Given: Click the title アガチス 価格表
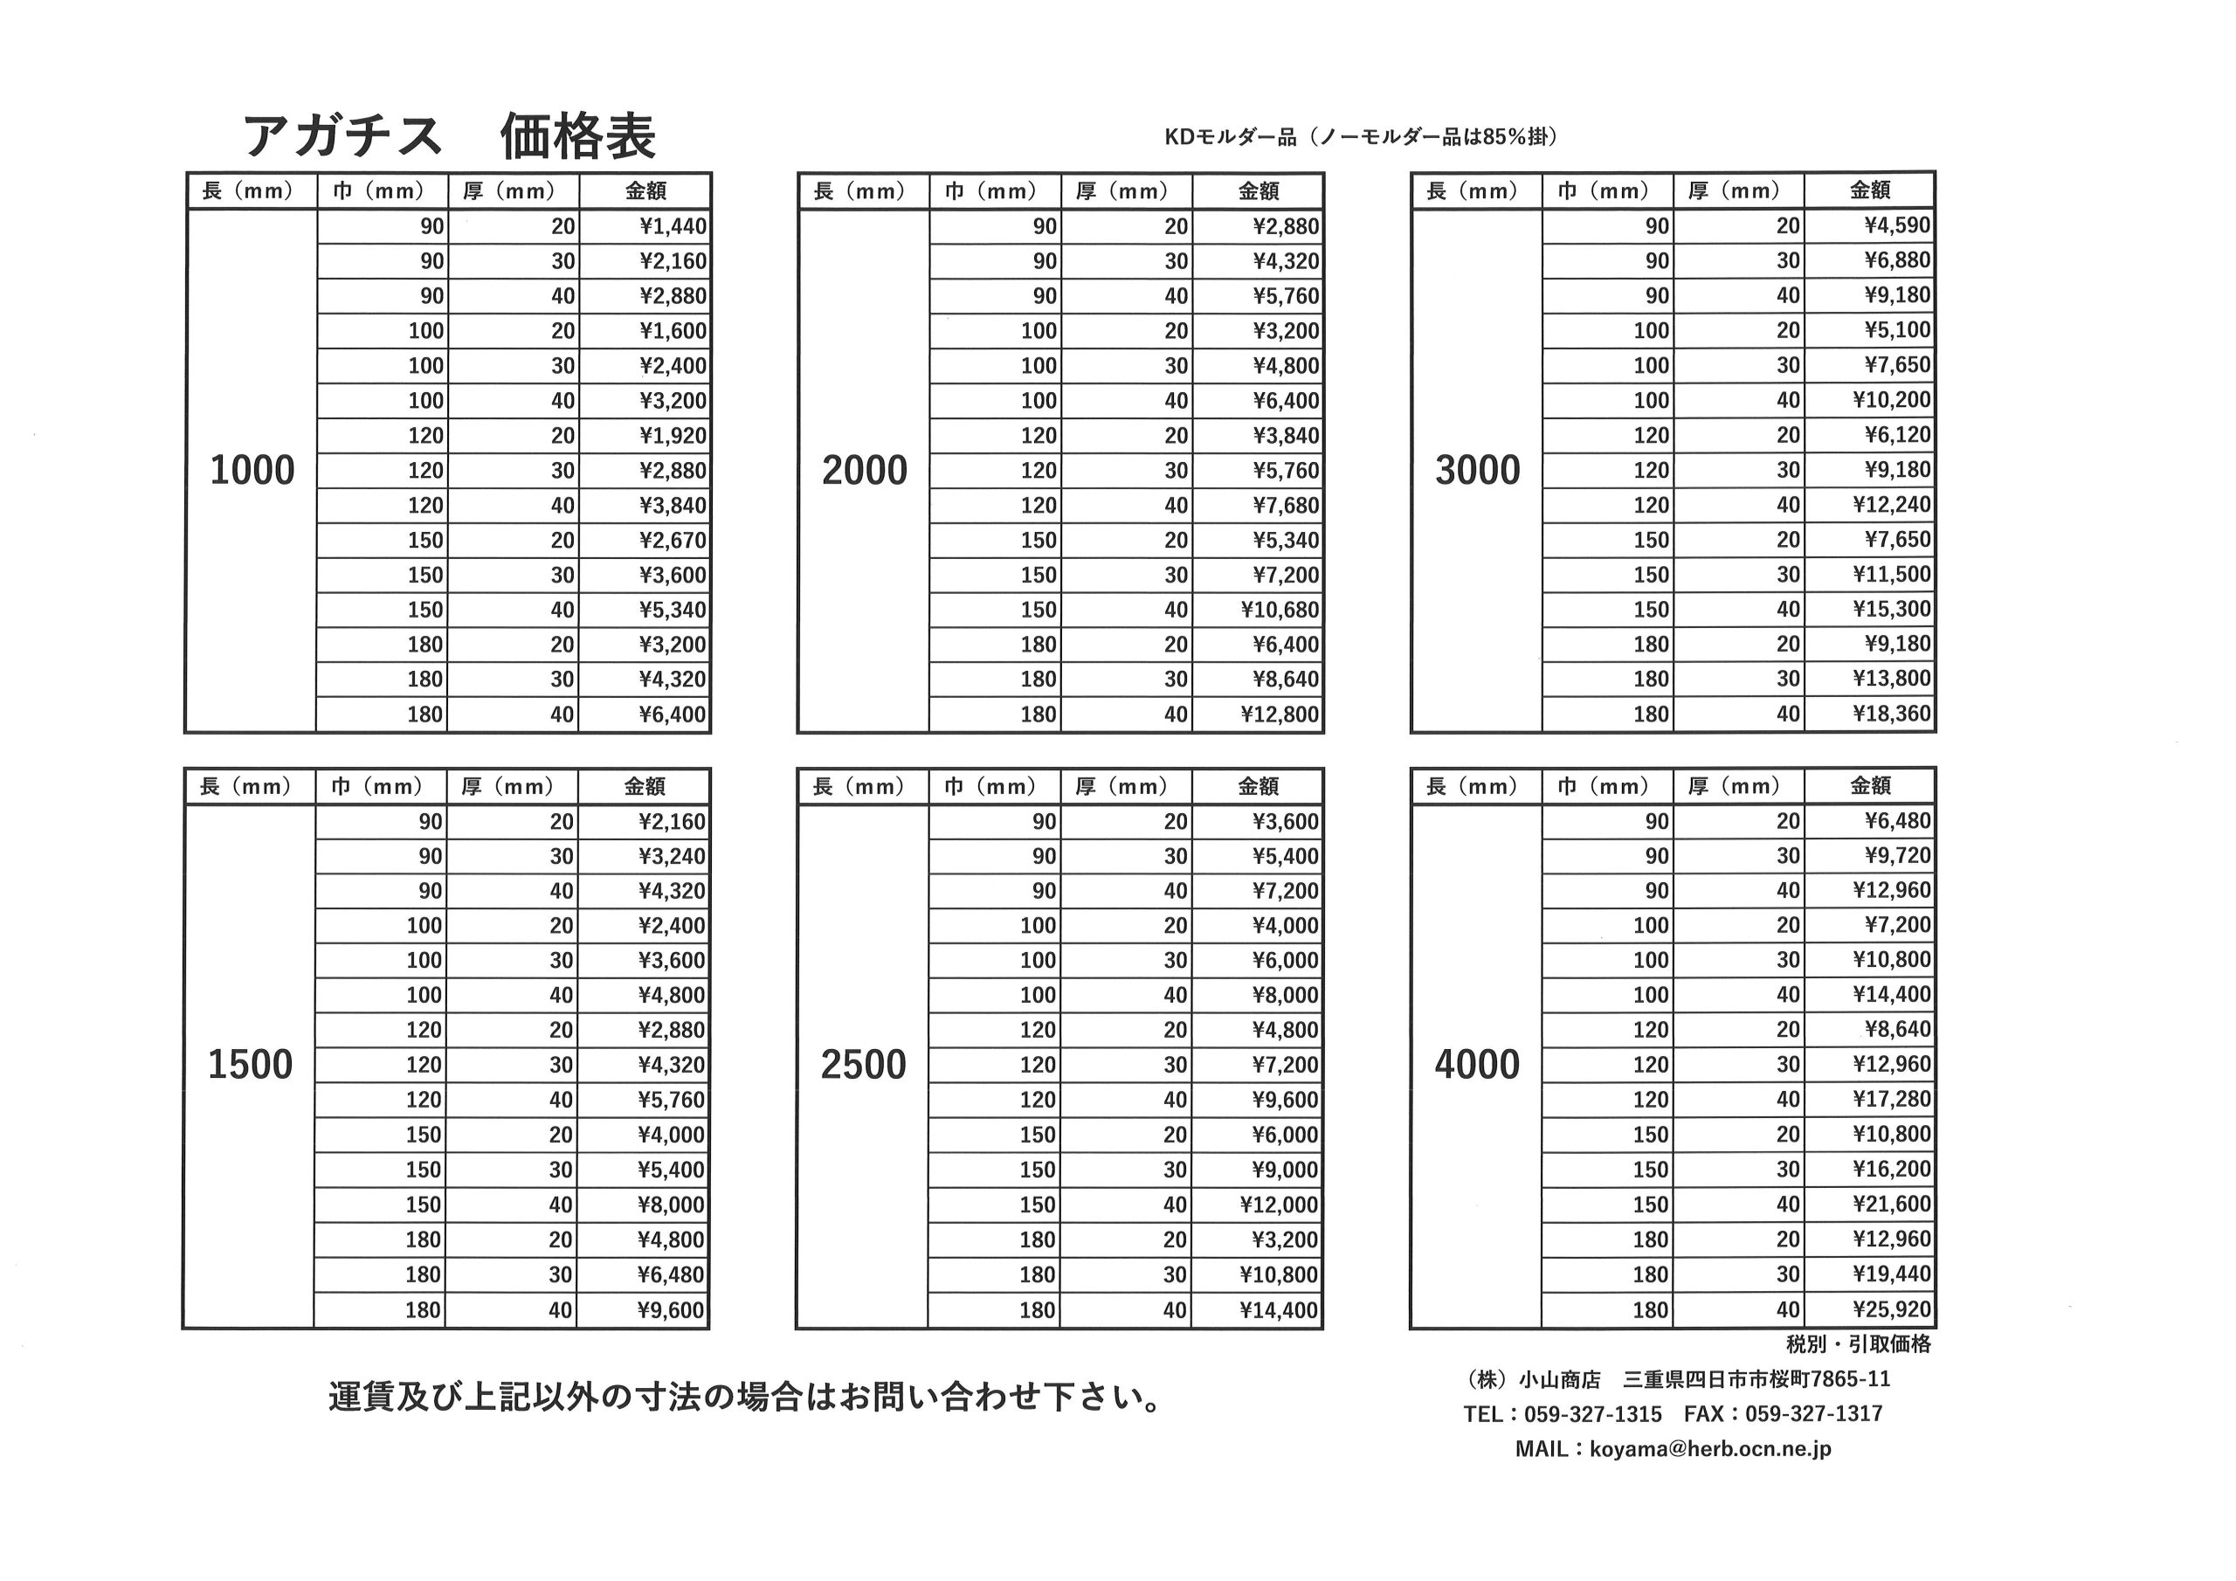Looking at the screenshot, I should click(449, 135).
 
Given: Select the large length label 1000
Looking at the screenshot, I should click(252, 471).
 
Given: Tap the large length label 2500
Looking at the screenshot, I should click(863, 1065).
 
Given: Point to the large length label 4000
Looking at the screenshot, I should click(1476, 1065).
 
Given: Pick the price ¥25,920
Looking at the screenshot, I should click(1891, 1309).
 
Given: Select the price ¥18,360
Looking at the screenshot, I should click(1891, 714).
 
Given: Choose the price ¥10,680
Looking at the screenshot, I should click(1280, 610).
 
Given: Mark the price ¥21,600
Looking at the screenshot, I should click(1891, 1204).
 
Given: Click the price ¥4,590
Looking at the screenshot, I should click(1897, 226).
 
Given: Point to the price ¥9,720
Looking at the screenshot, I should click(1897, 855).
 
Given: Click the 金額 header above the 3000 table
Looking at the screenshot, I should click(1870, 190).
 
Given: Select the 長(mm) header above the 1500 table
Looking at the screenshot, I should click(245, 786).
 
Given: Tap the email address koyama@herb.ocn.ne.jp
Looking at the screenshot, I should click(1710, 1448).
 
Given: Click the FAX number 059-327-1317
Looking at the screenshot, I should click(1813, 1413).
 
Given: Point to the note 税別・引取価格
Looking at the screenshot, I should click(1858, 1344).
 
